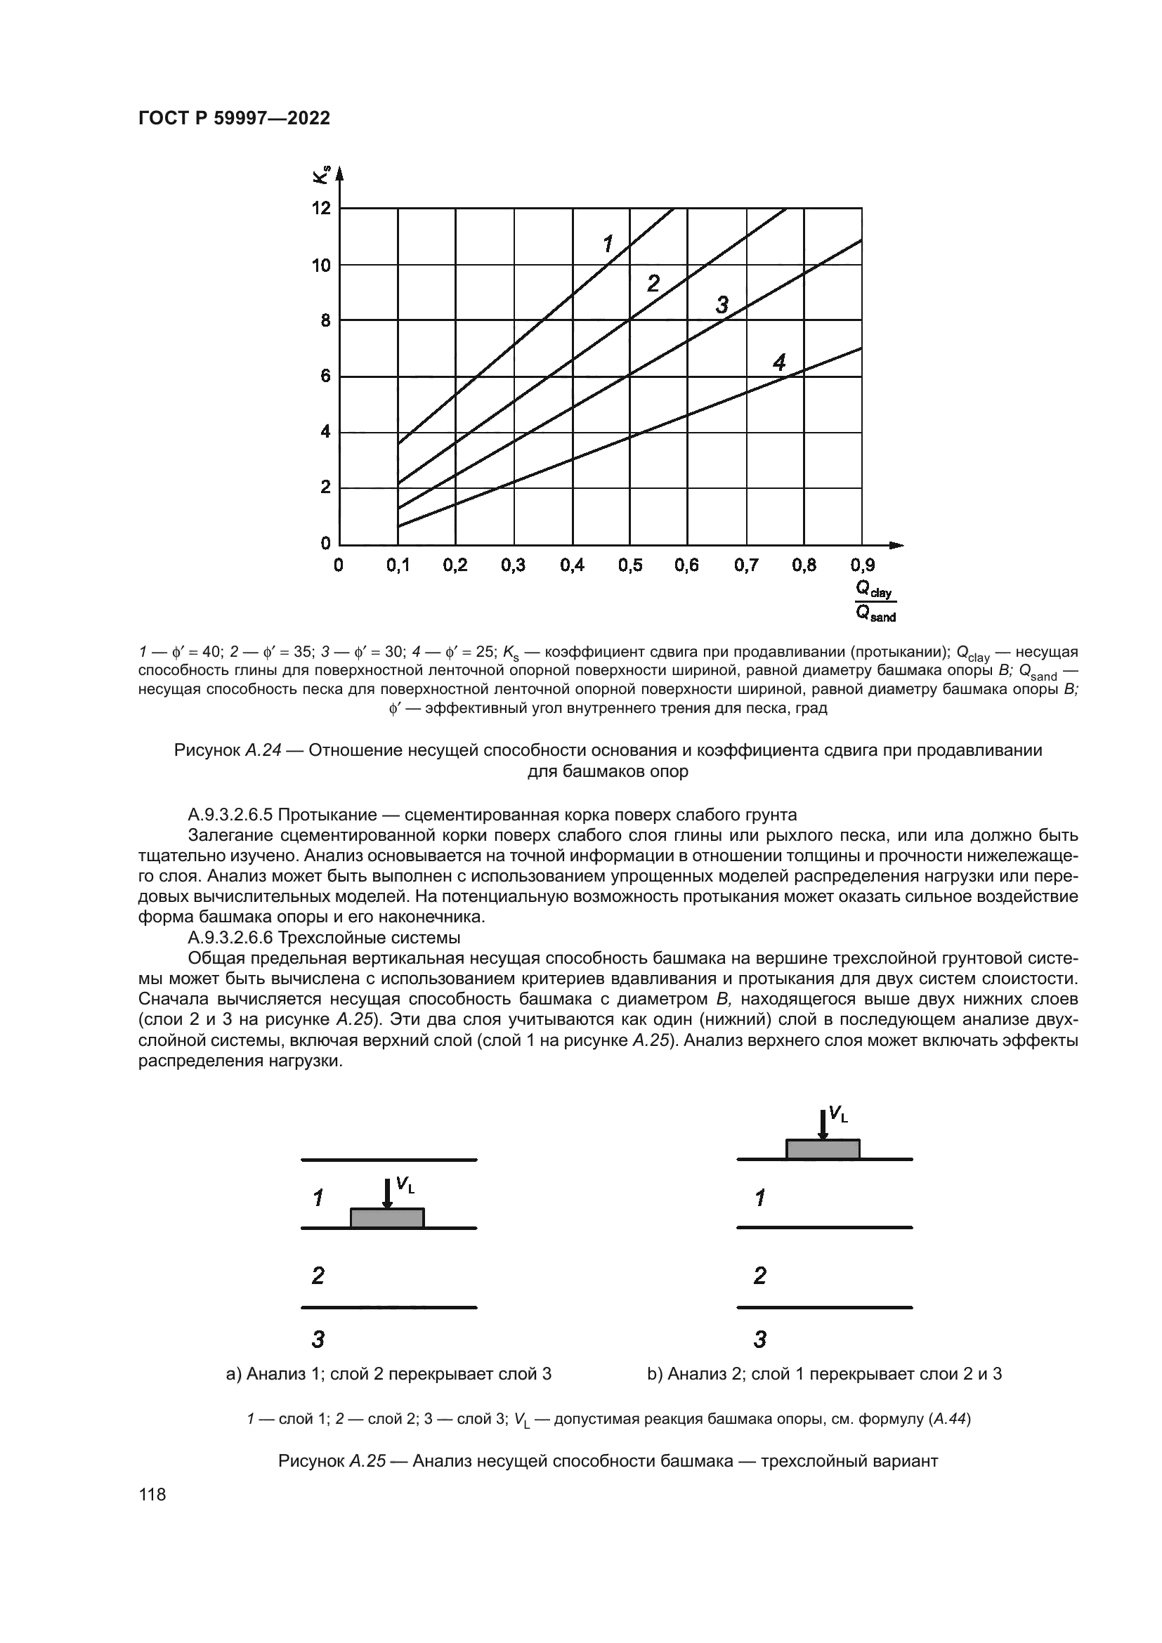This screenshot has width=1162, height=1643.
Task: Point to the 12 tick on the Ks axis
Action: (321, 208)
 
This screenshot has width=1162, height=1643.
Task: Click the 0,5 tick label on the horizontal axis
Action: (629, 565)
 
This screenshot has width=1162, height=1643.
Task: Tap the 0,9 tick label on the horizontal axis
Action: (862, 565)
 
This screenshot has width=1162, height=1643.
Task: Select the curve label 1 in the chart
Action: (608, 244)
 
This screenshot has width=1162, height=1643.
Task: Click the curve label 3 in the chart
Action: (722, 306)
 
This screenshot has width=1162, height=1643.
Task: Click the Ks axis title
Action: (321, 174)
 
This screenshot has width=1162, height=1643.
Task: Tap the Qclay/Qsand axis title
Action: (876, 601)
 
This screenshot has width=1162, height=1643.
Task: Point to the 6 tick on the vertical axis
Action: (325, 377)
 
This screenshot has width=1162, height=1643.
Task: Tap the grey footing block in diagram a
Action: (387, 1218)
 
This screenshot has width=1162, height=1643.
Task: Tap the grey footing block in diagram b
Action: (823, 1148)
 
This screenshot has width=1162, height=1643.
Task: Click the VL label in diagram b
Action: (838, 1113)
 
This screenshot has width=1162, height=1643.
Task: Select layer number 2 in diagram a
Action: (318, 1274)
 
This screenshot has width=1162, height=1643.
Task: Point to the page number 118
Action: (152, 1509)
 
